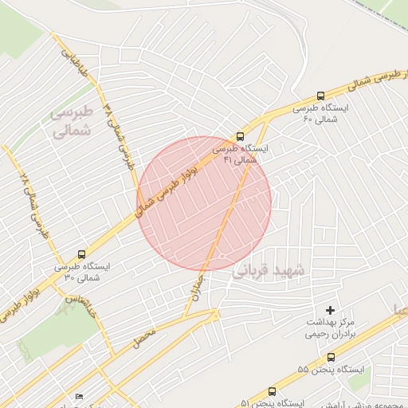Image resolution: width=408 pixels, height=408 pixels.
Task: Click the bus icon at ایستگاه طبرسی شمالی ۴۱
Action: pos(241,136)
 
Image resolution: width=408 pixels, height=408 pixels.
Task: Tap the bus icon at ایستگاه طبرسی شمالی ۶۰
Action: pos(320,96)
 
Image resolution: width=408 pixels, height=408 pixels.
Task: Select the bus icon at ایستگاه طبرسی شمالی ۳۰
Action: pos(81,254)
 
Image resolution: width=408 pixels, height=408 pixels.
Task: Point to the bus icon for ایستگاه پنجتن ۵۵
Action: pos(331,357)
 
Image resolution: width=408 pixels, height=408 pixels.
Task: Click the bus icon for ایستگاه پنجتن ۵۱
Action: pos(273,391)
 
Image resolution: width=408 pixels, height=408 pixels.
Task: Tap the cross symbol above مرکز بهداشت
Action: pos(331,309)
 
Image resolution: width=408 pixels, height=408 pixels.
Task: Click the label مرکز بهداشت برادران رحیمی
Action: pos(329,328)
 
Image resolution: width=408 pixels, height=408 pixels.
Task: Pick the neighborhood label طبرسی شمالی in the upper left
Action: pos(73,120)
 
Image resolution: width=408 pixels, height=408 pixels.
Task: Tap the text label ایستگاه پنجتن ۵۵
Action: pos(330,370)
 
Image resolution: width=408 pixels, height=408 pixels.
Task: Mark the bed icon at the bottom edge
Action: pos(79,397)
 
